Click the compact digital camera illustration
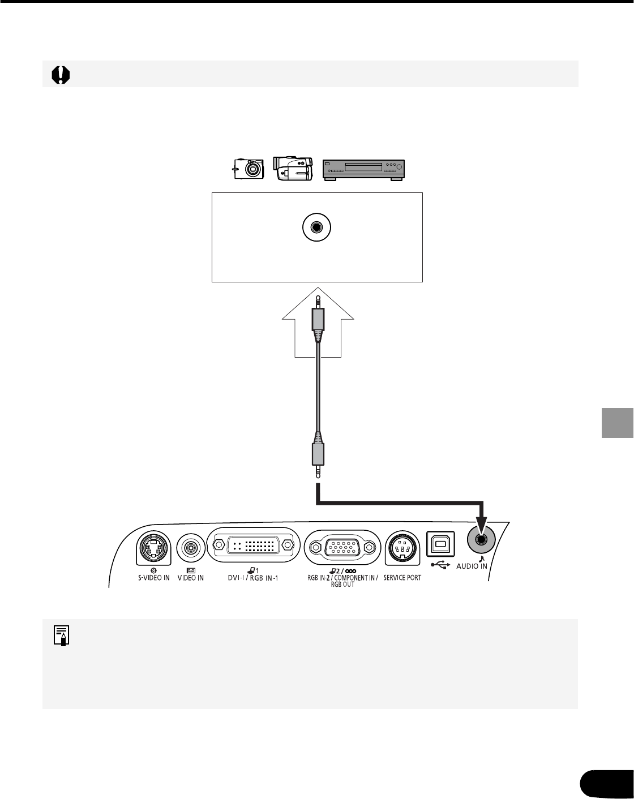pyautogui.click(x=249, y=168)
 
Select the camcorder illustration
pyautogui.click(x=293, y=167)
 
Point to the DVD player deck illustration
pyautogui.click(x=363, y=170)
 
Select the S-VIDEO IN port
pyautogui.click(x=154, y=547)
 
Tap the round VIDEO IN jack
pyautogui.click(x=191, y=547)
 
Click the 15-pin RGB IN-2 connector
pyautogui.click(x=342, y=547)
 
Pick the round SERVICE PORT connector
pyautogui.click(x=402, y=548)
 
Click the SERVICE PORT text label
pyautogui.click(x=402, y=578)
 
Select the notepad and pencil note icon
pyautogui.click(x=63, y=635)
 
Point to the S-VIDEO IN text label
pyautogui.click(x=154, y=578)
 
